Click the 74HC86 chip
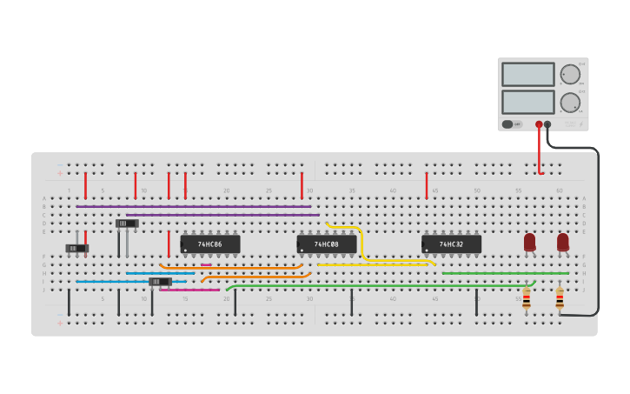(x=210, y=244)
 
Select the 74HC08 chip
(x=327, y=244)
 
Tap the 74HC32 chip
(x=451, y=244)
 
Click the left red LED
(x=530, y=242)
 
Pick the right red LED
(x=563, y=242)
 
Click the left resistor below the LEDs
(x=527, y=298)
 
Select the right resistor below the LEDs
(x=560, y=298)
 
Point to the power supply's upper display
(x=527, y=74)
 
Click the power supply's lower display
(x=527, y=102)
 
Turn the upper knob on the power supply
(x=570, y=74)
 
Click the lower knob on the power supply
(x=570, y=103)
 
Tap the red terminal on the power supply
(x=539, y=124)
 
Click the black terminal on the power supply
(x=547, y=124)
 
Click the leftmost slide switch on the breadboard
(x=77, y=249)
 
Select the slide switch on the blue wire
(x=160, y=282)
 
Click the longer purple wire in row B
(x=193, y=206)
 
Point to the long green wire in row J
(x=382, y=285)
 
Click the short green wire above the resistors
(x=505, y=273)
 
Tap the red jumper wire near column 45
(x=427, y=185)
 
